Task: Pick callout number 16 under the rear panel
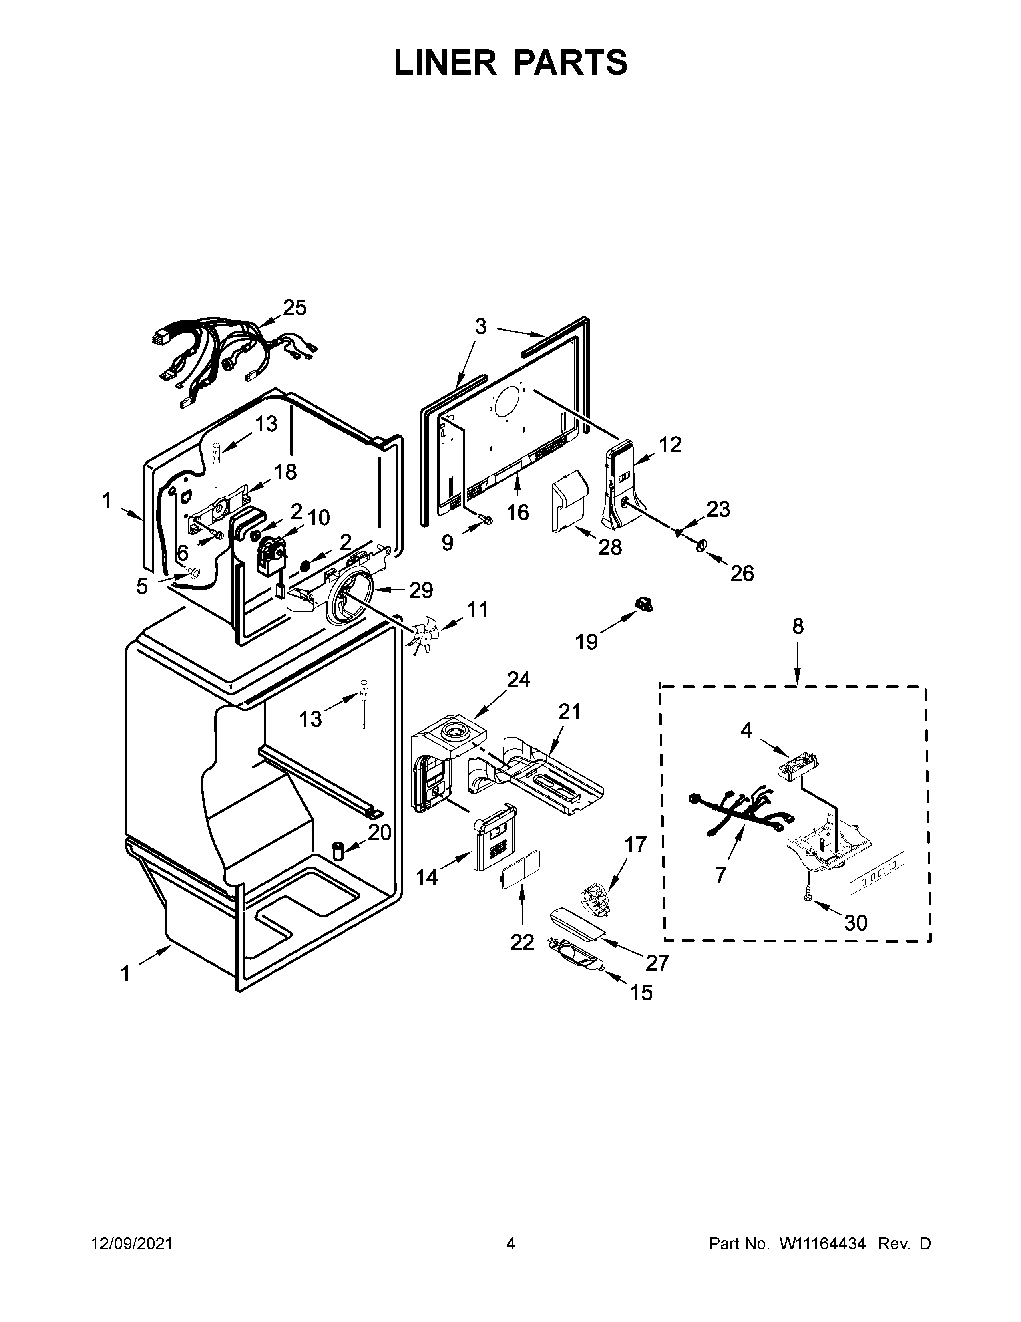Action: (x=518, y=513)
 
